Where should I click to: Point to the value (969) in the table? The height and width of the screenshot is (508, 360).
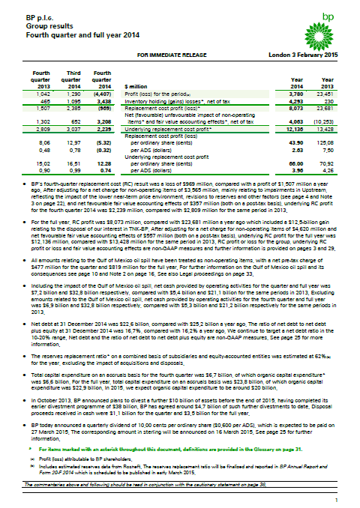click(102, 107)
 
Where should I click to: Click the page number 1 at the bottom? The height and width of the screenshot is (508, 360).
click(336, 499)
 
